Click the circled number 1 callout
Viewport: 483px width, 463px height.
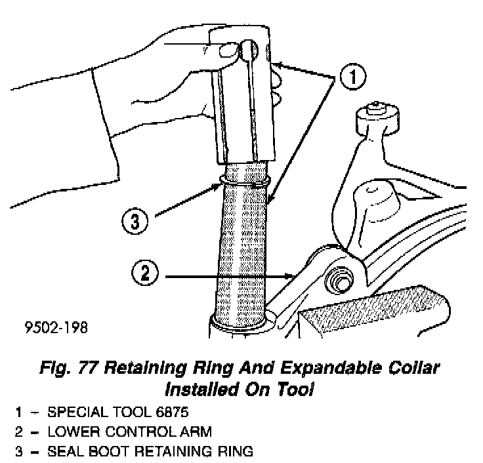pos(352,77)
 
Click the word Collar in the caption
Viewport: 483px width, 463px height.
pos(413,368)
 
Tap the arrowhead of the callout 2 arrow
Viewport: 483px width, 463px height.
pos(293,276)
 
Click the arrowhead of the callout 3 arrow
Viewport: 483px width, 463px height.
pos(219,186)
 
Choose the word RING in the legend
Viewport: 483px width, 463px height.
pos(236,452)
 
